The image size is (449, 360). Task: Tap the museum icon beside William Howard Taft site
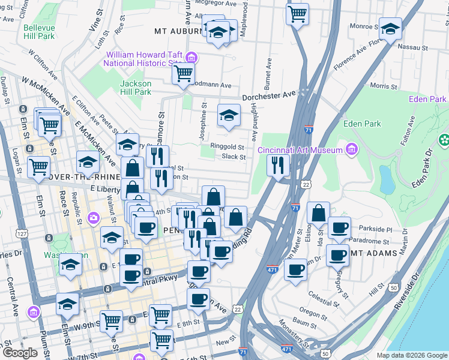192,58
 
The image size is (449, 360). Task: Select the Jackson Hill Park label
136,88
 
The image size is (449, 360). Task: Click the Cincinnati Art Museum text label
300,150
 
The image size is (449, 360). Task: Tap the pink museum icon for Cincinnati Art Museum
352,149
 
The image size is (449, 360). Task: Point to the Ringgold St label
227,147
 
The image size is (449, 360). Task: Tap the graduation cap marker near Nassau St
390,29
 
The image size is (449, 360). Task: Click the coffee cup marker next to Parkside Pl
339,229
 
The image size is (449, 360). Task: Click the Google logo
20,353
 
